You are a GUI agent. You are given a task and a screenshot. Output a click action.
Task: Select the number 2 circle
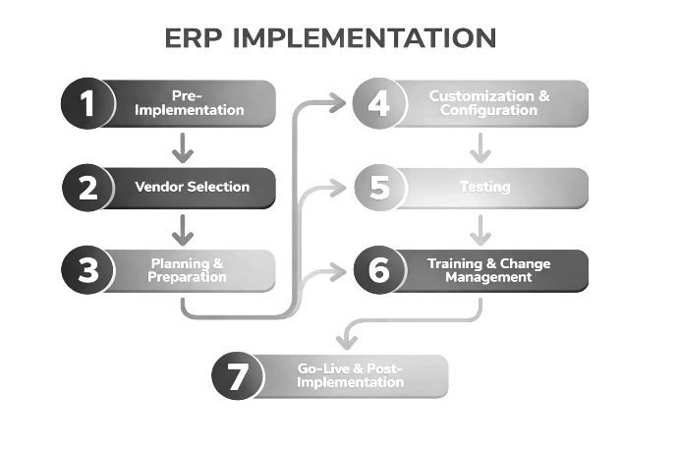(x=88, y=188)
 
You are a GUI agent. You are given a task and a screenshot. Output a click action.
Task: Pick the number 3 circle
(x=88, y=270)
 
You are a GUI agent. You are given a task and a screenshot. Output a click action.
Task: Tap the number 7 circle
(x=239, y=376)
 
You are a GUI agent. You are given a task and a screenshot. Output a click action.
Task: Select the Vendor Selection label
(x=192, y=187)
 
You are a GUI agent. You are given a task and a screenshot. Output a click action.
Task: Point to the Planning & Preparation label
(x=188, y=270)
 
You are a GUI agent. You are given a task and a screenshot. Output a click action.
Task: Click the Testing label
(x=484, y=187)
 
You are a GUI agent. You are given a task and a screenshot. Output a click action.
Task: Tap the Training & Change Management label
(x=488, y=270)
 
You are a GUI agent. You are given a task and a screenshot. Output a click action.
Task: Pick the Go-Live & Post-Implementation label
(x=350, y=375)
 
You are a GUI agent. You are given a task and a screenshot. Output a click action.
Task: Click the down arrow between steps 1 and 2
(x=181, y=146)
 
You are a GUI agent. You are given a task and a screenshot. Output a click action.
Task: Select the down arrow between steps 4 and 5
(x=480, y=146)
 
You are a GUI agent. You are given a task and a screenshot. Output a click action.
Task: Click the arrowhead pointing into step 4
(x=338, y=101)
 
